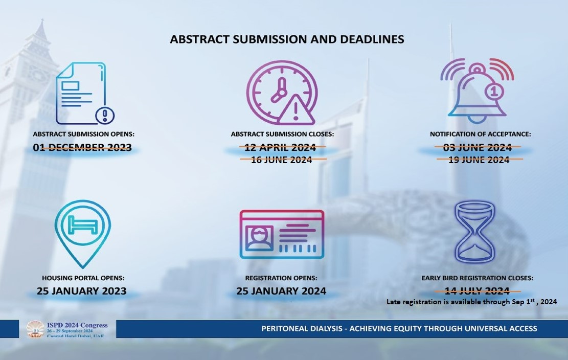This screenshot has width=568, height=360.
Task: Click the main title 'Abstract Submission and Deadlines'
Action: [x=287, y=39]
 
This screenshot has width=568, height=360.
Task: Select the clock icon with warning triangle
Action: [x=282, y=93]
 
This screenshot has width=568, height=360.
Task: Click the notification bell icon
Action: [x=477, y=91]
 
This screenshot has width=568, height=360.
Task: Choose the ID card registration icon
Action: [x=282, y=234]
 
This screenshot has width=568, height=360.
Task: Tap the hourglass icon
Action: [x=474, y=232]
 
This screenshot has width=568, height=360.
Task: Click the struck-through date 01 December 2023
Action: [x=82, y=147]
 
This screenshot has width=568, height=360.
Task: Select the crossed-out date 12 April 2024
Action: [x=280, y=147]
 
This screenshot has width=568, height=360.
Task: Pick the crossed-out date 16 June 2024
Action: [x=282, y=160]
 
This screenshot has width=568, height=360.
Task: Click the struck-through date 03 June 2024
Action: [x=478, y=147]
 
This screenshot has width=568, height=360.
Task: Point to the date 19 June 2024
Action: [x=479, y=160]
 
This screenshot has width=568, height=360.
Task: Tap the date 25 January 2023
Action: [x=81, y=291]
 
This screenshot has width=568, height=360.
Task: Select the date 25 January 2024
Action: [x=282, y=291]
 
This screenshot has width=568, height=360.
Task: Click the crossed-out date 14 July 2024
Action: [x=477, y=291]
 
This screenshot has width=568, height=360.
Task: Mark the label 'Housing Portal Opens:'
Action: [x=83, y=278]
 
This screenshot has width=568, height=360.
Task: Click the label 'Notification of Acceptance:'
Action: [x=481, y=134]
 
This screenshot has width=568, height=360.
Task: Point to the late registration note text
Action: [x=472, y=302]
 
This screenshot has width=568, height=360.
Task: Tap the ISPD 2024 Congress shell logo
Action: [x=35, y=329]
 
